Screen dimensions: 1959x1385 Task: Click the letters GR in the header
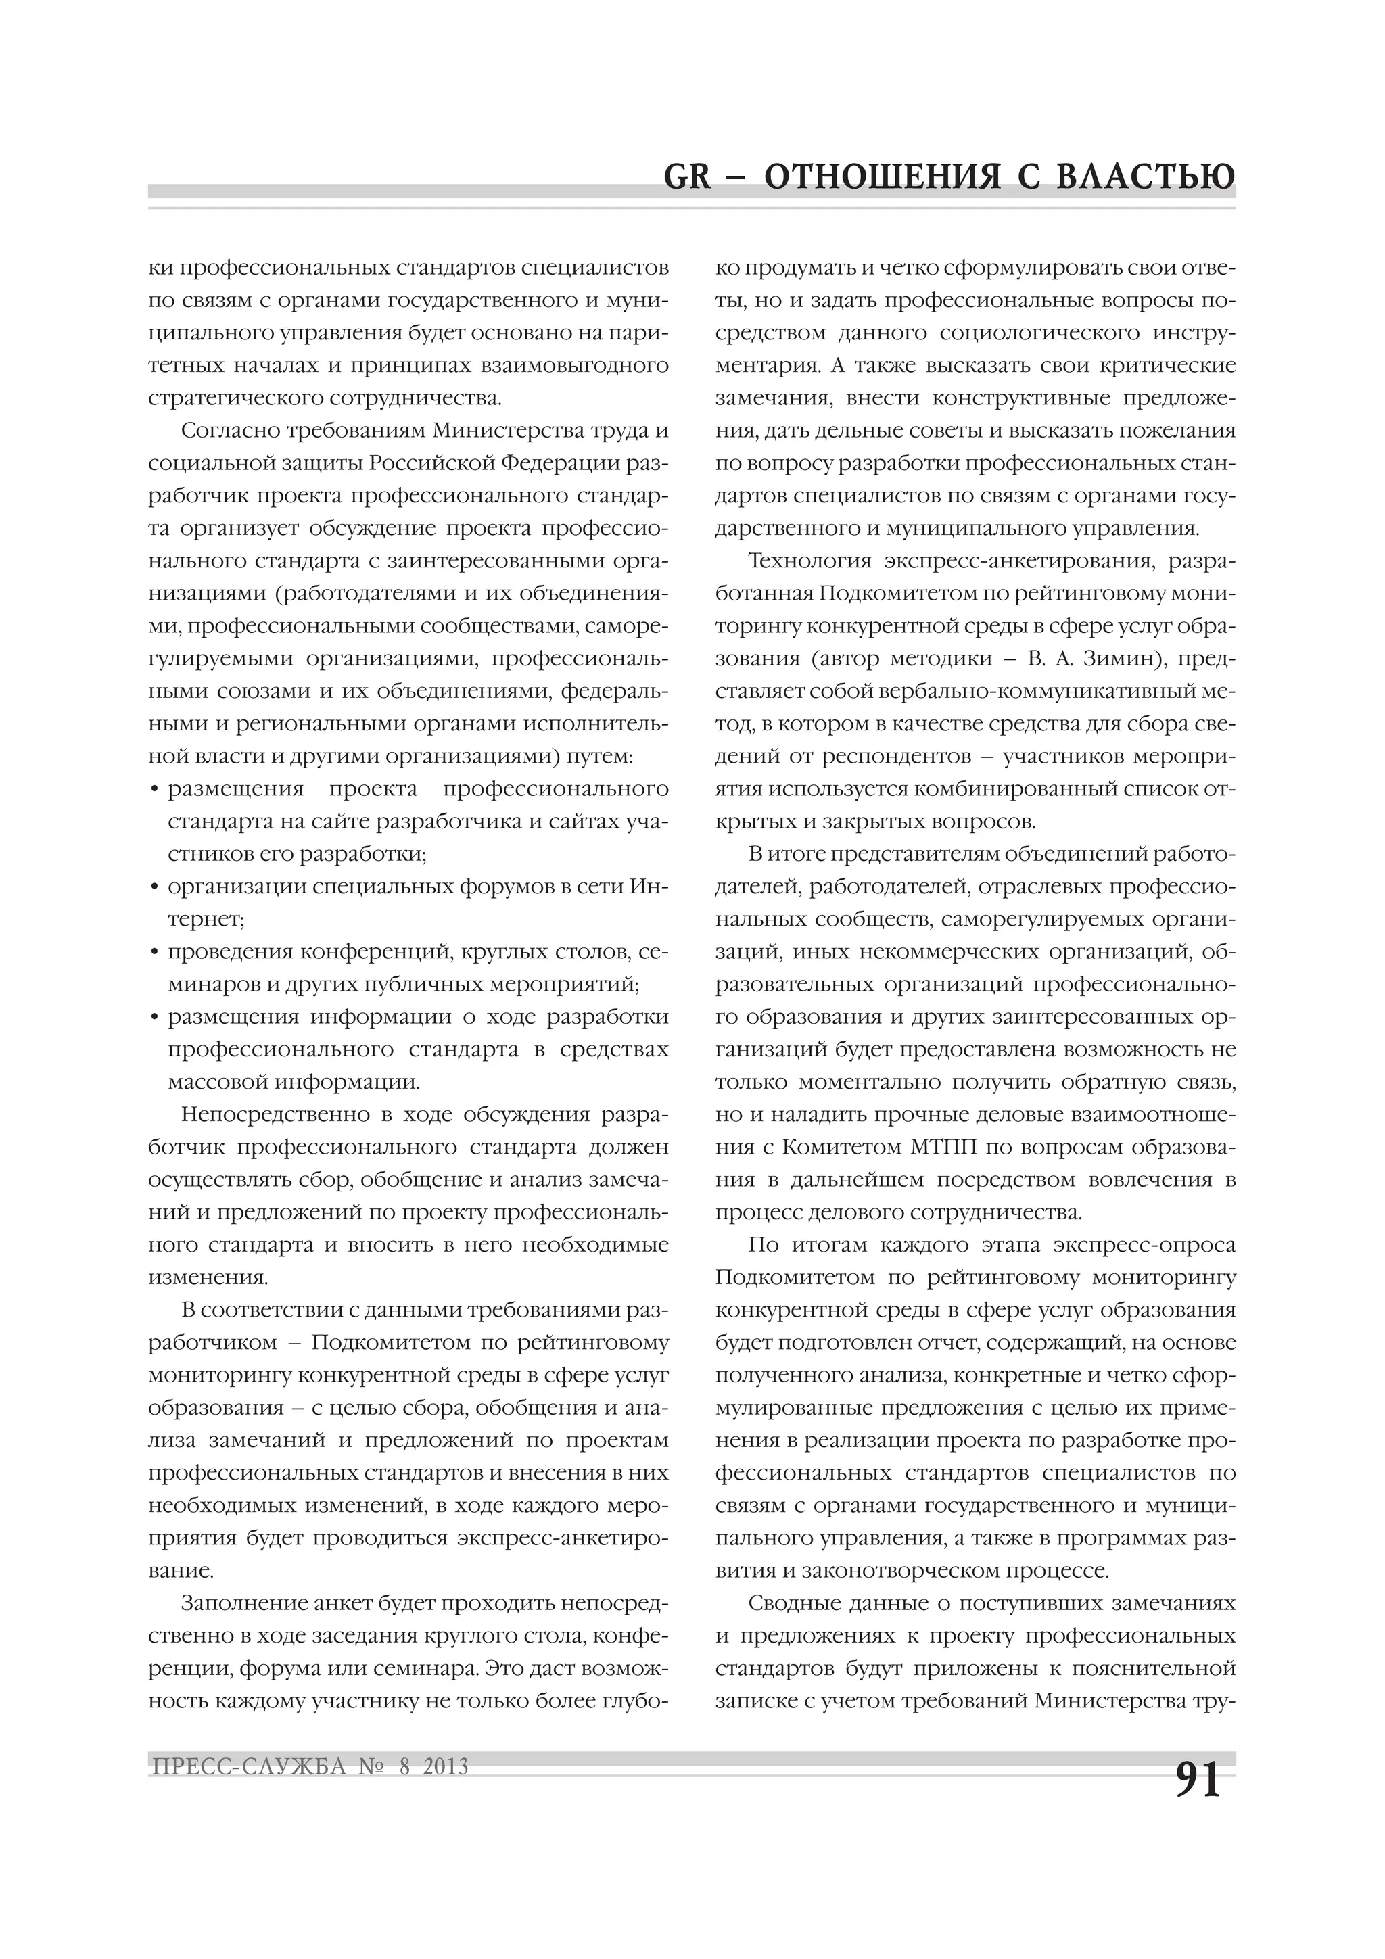(x=687, y=177)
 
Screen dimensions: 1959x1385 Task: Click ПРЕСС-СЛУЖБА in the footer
(x=248, y=1766)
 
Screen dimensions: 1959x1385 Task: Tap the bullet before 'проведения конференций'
(x=154, y=952)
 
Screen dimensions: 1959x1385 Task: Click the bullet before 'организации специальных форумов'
(x=154, y=887)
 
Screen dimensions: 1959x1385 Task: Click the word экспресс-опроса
(x=1144, y=1246)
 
